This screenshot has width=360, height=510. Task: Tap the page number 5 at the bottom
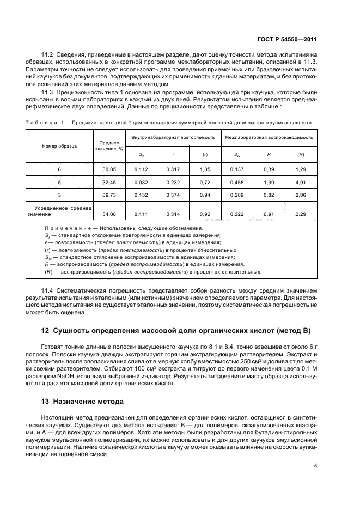(315, 466)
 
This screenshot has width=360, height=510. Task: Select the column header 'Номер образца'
(60, 146)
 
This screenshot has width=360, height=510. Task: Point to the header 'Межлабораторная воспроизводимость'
(269, 137)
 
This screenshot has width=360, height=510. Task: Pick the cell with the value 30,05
(109, 170)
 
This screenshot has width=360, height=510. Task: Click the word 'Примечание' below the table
(68, 228)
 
